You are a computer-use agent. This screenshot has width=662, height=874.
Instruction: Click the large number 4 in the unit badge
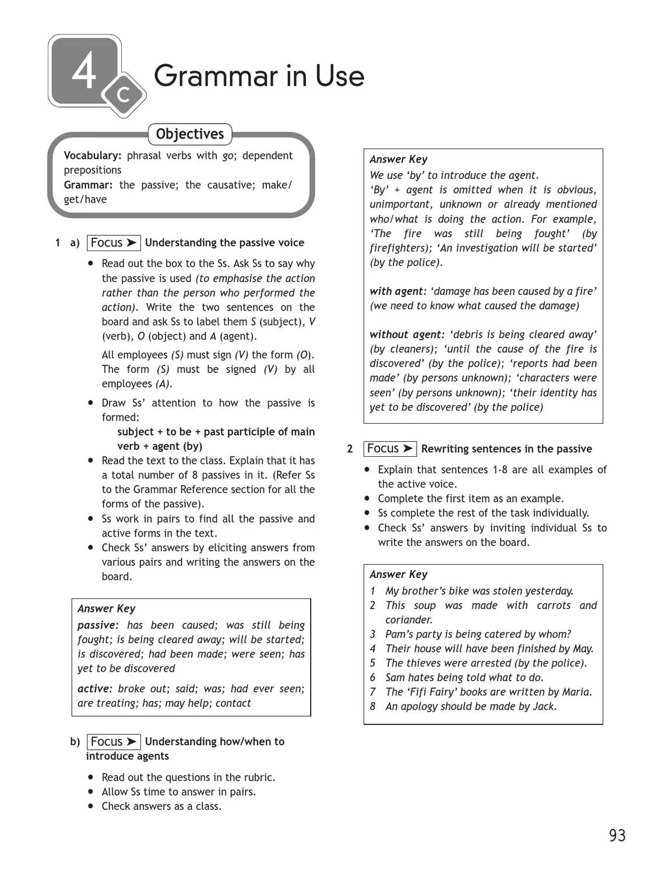point(84,72)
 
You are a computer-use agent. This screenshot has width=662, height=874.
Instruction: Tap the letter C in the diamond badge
point(123,94)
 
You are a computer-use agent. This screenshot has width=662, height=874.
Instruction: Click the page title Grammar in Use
point(259,76)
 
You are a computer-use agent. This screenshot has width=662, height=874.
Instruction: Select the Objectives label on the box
point(189,134)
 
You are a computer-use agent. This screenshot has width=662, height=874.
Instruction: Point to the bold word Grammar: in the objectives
point(88,185)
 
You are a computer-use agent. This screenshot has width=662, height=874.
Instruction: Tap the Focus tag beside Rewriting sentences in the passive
point(390,449)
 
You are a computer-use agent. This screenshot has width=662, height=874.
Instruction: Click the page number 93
point(617,836)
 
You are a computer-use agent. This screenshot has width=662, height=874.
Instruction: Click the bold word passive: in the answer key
point(98,625)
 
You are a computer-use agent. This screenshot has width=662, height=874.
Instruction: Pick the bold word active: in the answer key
point(94,689)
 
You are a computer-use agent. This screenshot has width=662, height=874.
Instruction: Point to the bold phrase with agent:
point(399,291)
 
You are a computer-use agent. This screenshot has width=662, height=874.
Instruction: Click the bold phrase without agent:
point(407,334)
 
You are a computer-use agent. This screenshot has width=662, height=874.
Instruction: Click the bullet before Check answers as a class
point(90,806)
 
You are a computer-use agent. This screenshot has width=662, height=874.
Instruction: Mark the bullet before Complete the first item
point(367,498)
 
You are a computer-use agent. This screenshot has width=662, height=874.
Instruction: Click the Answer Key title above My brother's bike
point(399,575)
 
